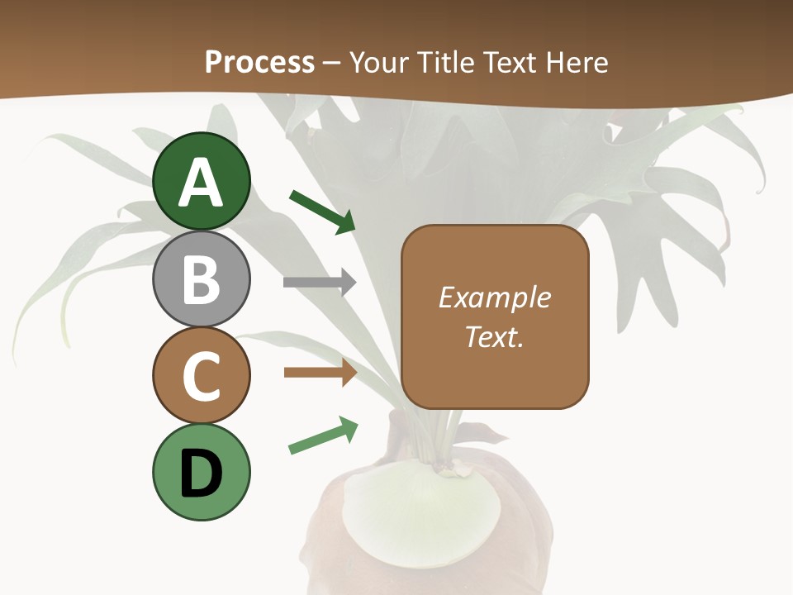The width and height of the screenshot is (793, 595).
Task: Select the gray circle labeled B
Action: [x=202, y=278]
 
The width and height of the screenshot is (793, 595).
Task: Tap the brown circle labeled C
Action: [x=202, y=375]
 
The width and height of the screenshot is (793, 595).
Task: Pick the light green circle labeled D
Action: [x=202, y=472]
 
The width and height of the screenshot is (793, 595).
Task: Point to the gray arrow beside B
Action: [x=319, y=283]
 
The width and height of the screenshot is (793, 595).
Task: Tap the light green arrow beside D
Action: [x=323, y=436]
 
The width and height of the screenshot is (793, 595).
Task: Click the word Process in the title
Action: [x=259, y=62]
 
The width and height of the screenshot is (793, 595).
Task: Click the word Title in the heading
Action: [x=446, y=62]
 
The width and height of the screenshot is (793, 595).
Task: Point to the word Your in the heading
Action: [x=379, y=62]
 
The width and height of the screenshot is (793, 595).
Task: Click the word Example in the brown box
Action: [x=494, y=297]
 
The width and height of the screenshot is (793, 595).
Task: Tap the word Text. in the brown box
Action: [x=494, y=337]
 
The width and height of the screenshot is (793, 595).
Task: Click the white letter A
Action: [x=202, y=183]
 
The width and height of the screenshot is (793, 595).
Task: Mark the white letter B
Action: [x=202, y=280]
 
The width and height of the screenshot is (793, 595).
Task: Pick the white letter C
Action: [x=202, y=377]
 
